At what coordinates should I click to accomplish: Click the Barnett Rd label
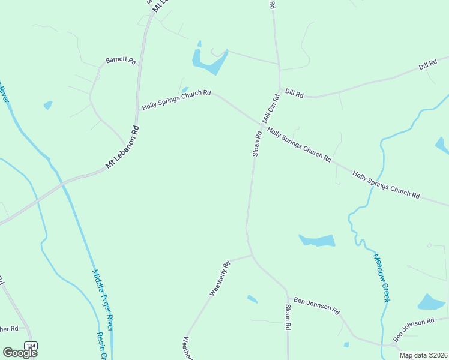pos(121,61)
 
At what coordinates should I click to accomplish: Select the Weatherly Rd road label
pos(220,278)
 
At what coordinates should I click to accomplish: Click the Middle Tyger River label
pos(103,300)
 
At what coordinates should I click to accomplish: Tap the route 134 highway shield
pos(31,346)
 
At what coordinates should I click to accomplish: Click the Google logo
pos(20,353)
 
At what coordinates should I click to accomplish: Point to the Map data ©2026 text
pos(423,355)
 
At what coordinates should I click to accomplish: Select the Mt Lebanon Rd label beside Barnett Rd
pos(122,146)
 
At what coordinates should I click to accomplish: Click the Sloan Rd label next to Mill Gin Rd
pos(256,144)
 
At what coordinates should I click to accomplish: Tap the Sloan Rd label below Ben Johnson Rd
pos(288,317)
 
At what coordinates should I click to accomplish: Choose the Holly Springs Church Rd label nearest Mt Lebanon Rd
pos(176,100)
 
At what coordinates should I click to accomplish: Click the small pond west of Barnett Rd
pos(48,105)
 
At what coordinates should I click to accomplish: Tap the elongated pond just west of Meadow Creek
pos(318,241)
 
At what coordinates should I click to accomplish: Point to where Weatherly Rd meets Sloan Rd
pos(252,255)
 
